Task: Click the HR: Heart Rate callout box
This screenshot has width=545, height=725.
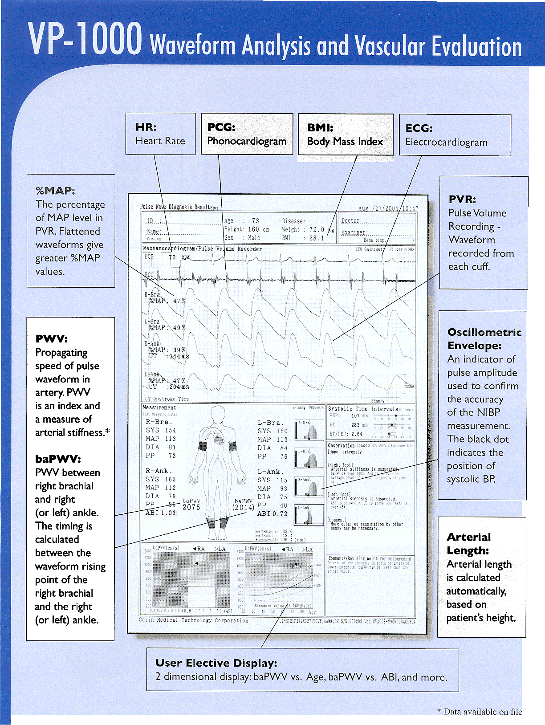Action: pyautogui.click(x=160, y=134)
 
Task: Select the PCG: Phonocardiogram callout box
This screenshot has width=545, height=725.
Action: pyautogui.click(x=247, y=134)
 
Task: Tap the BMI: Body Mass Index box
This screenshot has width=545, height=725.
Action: pyautogui.click(x=346, y=134)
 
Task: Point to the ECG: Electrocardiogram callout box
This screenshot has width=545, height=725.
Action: pyautogui.click(x=455, y=135)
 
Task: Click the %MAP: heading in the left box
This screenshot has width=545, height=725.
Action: pyautogui.click(x=55, y=191)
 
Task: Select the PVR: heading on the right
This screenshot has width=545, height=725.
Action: pyautogui.click(x=462, y=199)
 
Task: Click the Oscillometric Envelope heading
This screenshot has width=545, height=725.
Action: pyautogui.click(x=484, y=339)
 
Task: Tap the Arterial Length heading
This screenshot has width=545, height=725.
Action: pyautogui.click(x=469, y=544)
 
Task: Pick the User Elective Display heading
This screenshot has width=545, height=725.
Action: pyautogui.click(x=216, y=663)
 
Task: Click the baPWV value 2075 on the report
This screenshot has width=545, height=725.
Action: pyautogui.click(x=191, y=507)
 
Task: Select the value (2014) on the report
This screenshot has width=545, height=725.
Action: pyautogui.click(x=243, y=507)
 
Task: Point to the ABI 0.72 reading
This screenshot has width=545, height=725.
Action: pyautogui.click(x=272, y=514)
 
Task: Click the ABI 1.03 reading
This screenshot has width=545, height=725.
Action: pyautogui.click(x=161, y=513)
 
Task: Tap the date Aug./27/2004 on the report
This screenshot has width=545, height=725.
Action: pyautogui.click(x=378, y=208)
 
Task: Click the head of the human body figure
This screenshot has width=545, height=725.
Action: pyautogui.click(x=218, y=414)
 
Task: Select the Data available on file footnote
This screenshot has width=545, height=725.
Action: pyautogui.click(x=480, y=712)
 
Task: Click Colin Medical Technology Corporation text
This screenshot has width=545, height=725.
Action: pyautogui.click(x=193, y=620)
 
